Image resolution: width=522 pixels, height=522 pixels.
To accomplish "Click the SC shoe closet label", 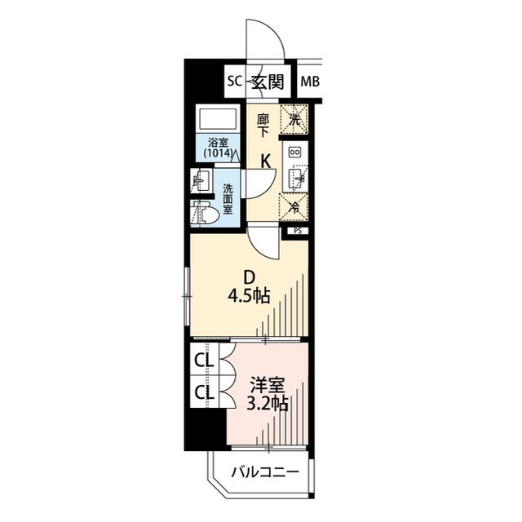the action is [x=235, y=82].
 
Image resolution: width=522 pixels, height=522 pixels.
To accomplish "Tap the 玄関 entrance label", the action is [x=268, y=82].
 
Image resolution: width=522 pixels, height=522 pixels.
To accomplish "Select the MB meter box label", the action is [x=310, y=82].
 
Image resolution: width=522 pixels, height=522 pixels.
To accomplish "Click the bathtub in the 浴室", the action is [x=218, y=118].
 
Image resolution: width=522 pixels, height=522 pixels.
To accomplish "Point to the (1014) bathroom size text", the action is [x=218, y=153].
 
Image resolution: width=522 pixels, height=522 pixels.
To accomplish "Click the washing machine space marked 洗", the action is [x=294, y=120].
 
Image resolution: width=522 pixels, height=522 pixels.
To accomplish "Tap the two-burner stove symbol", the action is [x=295, y=152].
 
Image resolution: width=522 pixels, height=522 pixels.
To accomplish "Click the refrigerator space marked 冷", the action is [x=294, y=207].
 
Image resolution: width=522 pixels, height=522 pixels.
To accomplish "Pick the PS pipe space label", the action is [x=298, y=231].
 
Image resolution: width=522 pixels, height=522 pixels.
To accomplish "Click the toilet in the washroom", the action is [x=205, y=214].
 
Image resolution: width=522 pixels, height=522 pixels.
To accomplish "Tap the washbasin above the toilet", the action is [x=201, y=180].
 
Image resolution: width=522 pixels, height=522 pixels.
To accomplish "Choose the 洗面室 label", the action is [x=228, y=199].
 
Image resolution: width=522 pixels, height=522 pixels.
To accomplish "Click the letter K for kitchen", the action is [x=265, y=162].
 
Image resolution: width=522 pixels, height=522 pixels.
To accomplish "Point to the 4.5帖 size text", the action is [x=249, y=295].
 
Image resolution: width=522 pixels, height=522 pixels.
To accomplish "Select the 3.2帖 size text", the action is [x=267, y=404].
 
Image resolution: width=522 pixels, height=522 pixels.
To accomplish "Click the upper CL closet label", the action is [x=204, y=361].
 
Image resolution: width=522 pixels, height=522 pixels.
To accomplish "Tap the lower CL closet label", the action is [x=204, y=393].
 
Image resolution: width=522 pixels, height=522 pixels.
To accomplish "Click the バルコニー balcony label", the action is [x=265, y=471].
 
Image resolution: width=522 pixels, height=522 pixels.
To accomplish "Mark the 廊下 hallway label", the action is [x=263, y=126].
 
